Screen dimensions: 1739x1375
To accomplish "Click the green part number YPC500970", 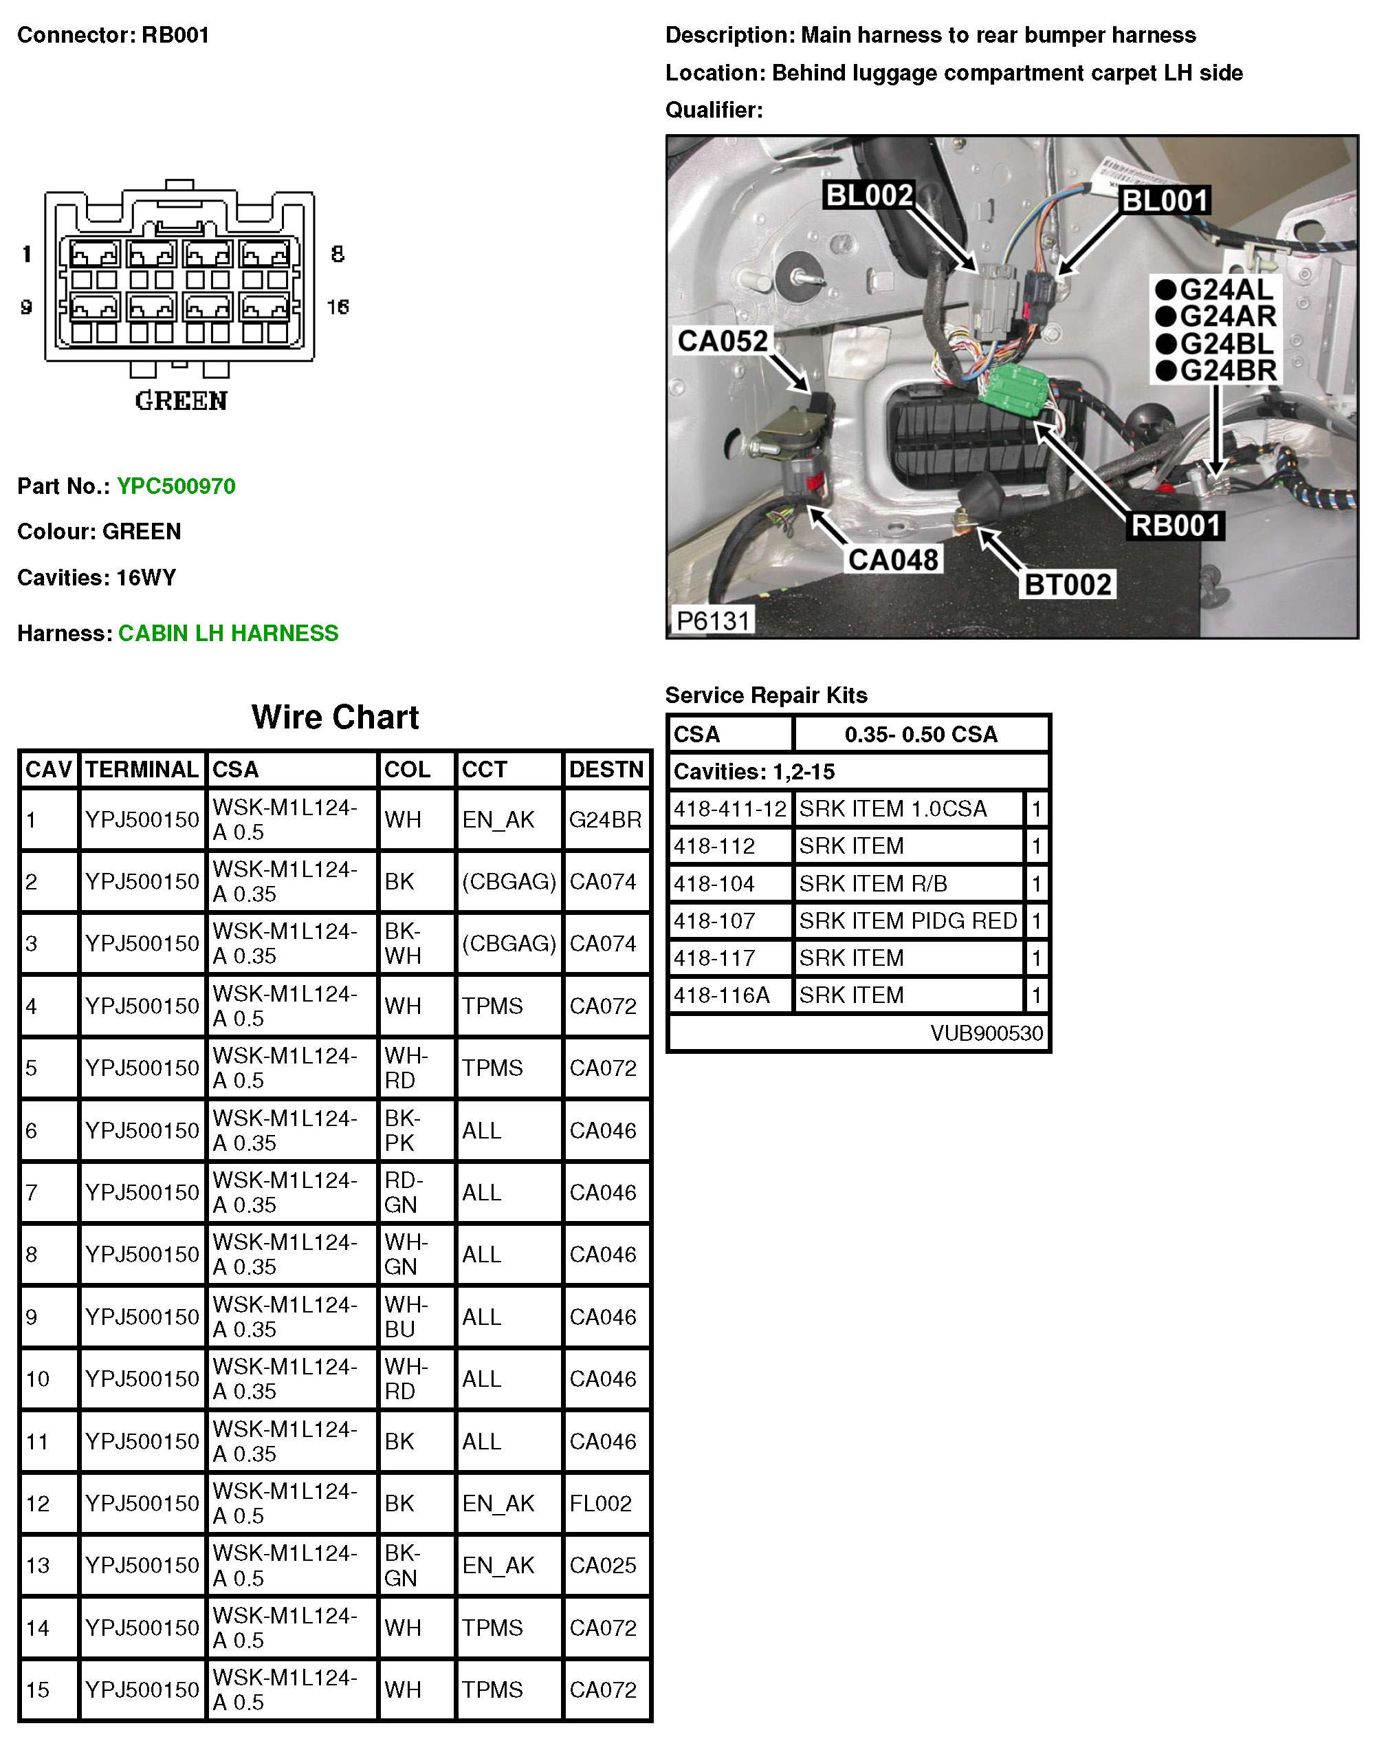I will pos(175,486).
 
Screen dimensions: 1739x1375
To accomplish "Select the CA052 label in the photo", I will pos(722,341).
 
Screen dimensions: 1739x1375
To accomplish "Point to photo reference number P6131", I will pos(712,620).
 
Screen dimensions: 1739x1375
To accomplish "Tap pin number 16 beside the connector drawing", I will pos(338,307).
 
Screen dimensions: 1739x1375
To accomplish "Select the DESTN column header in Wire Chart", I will pos(606,769).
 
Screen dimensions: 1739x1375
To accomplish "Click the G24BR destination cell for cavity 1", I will pos(606,820).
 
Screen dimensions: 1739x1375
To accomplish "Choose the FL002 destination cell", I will pos(601,1503).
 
